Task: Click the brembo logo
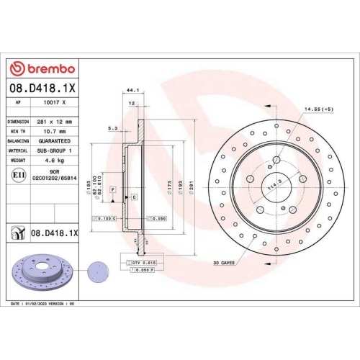tap(41, 68)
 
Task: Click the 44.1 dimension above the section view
tap(131, 91)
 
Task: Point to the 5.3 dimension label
tap(112, 128)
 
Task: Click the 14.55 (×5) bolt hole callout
tap(318, 109)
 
